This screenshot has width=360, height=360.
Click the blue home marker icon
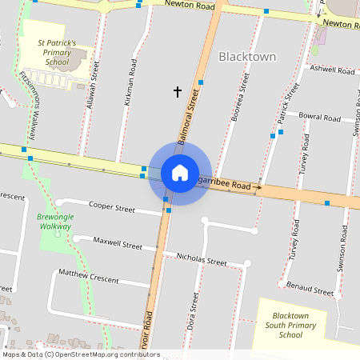180,173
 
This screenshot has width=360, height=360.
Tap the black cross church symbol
178,92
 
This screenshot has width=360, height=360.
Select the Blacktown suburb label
247,57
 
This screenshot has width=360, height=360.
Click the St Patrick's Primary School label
57,52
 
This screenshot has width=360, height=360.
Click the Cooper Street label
112,207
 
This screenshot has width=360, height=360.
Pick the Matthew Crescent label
88,277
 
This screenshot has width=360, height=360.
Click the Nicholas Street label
202,259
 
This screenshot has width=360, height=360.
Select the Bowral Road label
319,118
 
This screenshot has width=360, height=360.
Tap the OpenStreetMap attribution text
81,354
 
